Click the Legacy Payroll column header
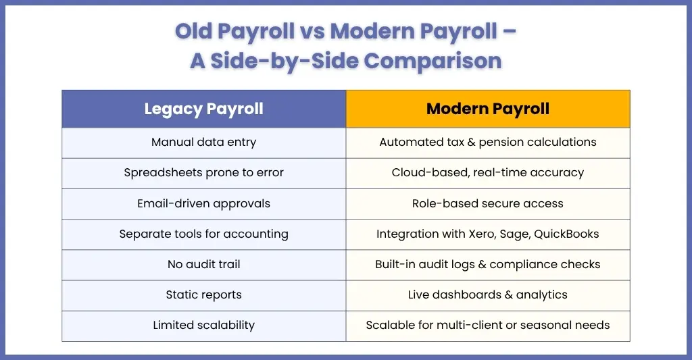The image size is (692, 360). coord(204,109)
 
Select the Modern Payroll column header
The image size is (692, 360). coord(488,109)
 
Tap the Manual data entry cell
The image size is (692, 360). coord(204,143)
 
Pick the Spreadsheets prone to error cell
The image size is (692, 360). coord(204,174)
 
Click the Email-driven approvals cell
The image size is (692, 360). coord(204,204)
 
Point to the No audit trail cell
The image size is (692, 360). coord(204,265)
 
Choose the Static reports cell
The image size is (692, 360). coord(204,295)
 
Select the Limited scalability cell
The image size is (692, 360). coord(204,326)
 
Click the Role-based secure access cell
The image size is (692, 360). coord(488,204)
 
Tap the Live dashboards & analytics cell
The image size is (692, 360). coord(488,295)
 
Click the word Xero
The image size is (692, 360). coord(483,234)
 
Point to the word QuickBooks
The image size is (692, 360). coord(567,234)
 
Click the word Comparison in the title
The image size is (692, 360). coord(432,61)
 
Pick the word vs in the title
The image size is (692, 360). coord(313,32)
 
